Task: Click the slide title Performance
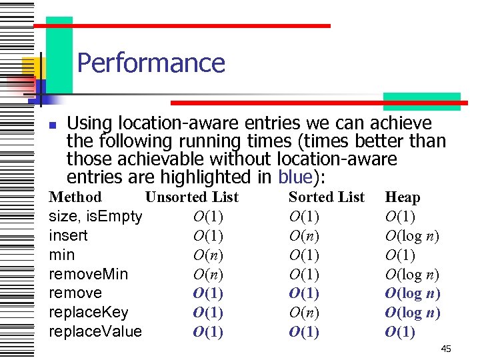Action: coord(151,63)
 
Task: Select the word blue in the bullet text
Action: coord(295,177)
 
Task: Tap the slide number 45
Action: coord(446,349)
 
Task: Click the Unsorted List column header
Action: coord(191,197)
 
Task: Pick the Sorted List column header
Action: coord(326,197)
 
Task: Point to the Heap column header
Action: coord(403,197)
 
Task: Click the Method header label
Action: coord(75,197)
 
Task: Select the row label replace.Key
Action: coord(89,313)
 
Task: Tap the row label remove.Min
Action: coord(89,274)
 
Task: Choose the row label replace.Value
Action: coord(95,332)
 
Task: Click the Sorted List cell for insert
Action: coord(304,235)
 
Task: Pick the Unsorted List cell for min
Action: coord(208,255)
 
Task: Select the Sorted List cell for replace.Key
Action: coord(304,313)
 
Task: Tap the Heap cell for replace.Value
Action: coord(400,332)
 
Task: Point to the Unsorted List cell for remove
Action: coord(208,293)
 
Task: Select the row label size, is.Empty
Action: coord(95,216)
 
